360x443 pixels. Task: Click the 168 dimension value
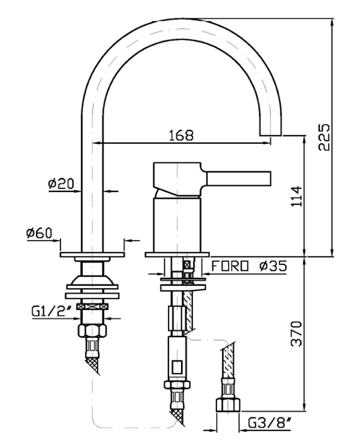click(181, 135)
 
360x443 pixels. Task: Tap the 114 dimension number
click(297, 196)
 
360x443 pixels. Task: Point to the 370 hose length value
click(297, 333)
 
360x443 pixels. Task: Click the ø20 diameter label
click(60, 184)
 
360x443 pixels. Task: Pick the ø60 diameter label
click(39, 233)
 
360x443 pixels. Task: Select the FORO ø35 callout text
click(249, 266)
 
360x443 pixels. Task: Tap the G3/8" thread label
click(270, 423)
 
